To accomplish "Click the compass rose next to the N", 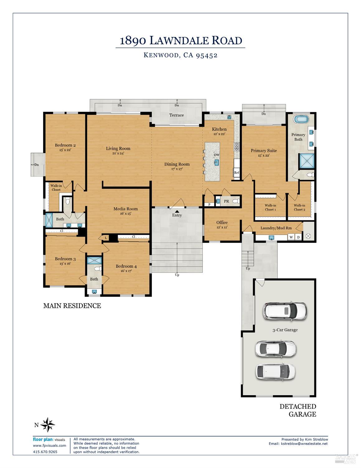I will [48, 425].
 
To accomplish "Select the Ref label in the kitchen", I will [236, 173].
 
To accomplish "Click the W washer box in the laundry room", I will [291, 237].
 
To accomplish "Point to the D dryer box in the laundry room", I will [298, 237].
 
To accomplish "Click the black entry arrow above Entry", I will [177, 212].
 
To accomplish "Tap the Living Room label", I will [118, 149].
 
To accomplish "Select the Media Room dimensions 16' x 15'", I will [126, 214].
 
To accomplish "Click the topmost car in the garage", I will [285, 311].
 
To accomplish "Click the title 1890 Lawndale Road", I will [181, 41].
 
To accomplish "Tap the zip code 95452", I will [207, 55].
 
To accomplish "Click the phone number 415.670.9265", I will [45, 452].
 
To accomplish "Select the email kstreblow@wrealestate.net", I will [304, 444].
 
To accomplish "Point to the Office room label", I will [222, 222].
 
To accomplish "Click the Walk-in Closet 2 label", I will [299, 207].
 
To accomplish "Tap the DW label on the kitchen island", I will [217, 155].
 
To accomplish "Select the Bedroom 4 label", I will [126, 266].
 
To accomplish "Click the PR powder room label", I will [226, 201].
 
